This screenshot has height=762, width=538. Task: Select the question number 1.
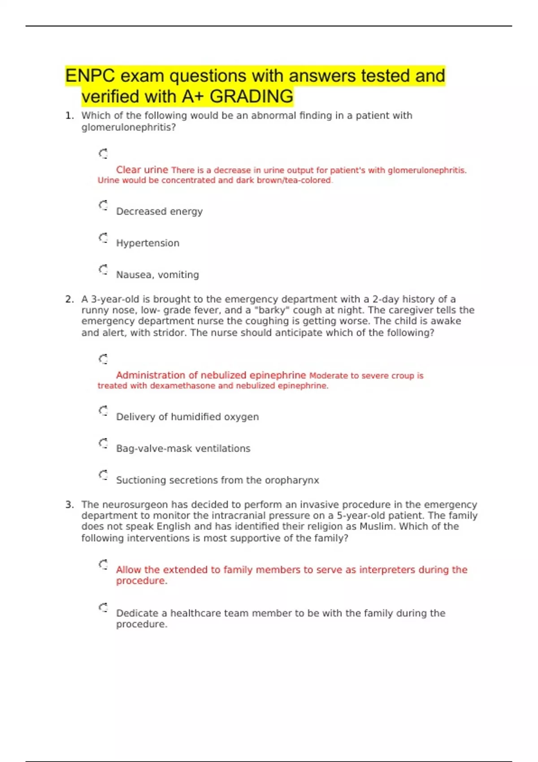point(69,116)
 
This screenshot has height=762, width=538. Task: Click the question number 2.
point(69,299)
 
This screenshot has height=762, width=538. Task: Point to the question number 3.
point(69,505)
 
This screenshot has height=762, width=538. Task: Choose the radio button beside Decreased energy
point(104,206)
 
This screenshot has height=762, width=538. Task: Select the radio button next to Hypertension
point(104,238)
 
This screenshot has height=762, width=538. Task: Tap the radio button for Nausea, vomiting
point(104,269)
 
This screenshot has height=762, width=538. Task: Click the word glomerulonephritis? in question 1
point(128,127)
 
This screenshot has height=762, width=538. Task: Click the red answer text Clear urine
point(142,170)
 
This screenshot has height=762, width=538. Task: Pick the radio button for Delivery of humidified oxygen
point(104,411)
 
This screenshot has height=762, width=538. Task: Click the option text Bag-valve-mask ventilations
point(183,449)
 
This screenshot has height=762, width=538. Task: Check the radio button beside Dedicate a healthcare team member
point(104,608)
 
